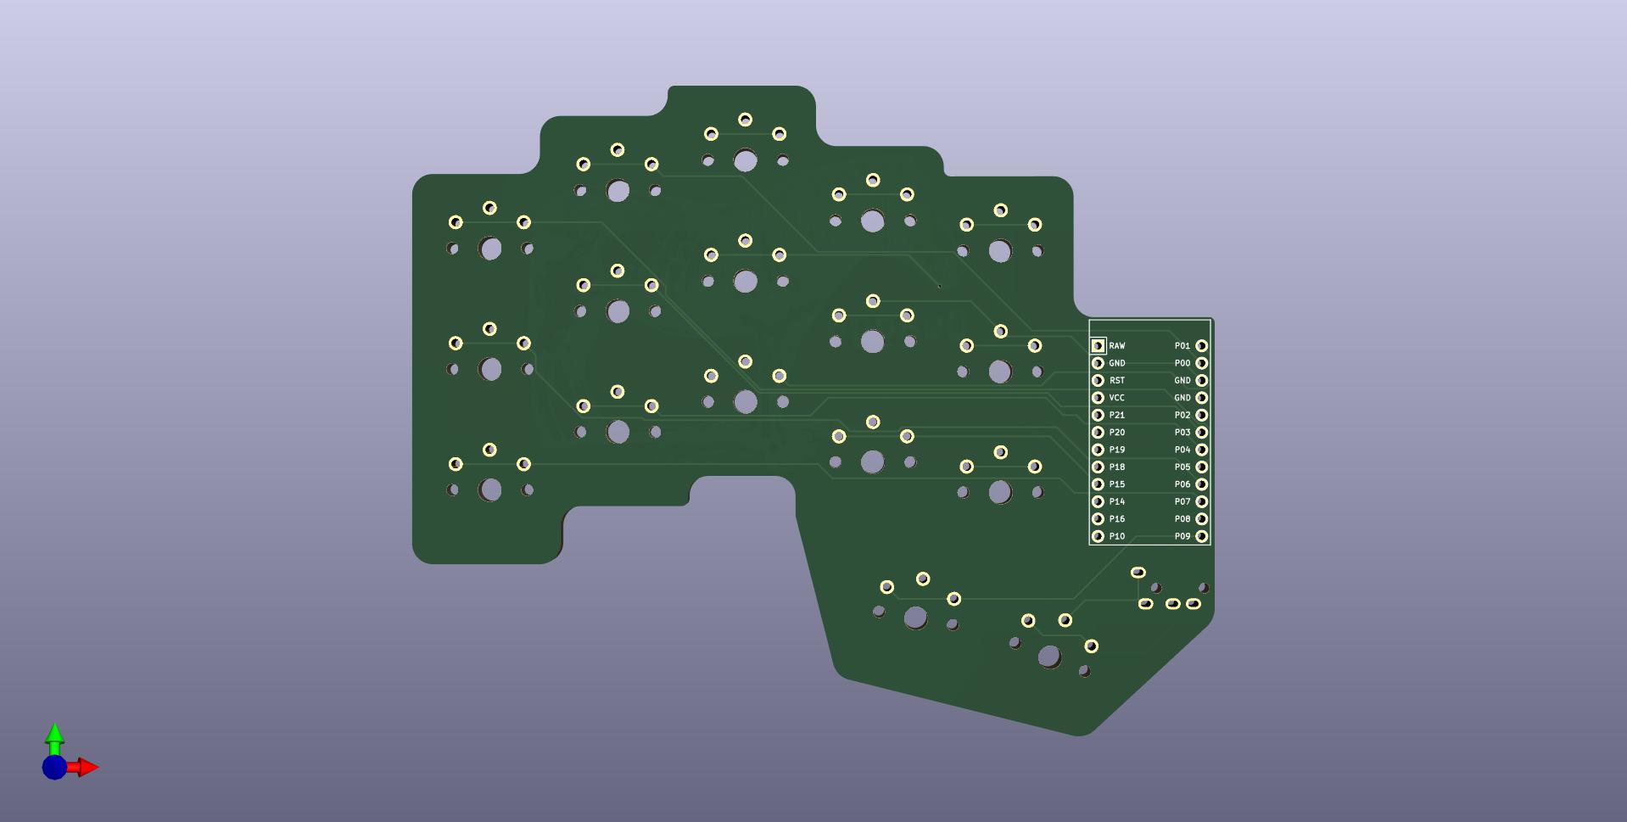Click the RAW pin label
click(x=1116, y=346)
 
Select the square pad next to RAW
click(x=1098, y=346)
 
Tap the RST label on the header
click(x=1116, y=381)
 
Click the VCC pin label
click(x=1116, y=398)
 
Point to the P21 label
click(x=1116, y=416)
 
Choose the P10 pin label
click(x=1116, y=536)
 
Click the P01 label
click(x=1183, y=346)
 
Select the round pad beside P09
click(x=1201, y=536)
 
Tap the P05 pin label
click(x=1183, y=467)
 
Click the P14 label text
click(x=1116, y=502)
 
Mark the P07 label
click(x=1183, y=502)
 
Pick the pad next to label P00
click(x=1201, y=363)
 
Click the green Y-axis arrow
click(x=54, y=736)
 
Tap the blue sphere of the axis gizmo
click(x=54, y=768)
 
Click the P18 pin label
click(x=1116, y=467)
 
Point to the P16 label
click(x=1116, y=519)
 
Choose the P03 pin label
click(x=1183, y=433)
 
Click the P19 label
click(x=1116, y=450)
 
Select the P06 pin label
click(x=1183, y=484)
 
